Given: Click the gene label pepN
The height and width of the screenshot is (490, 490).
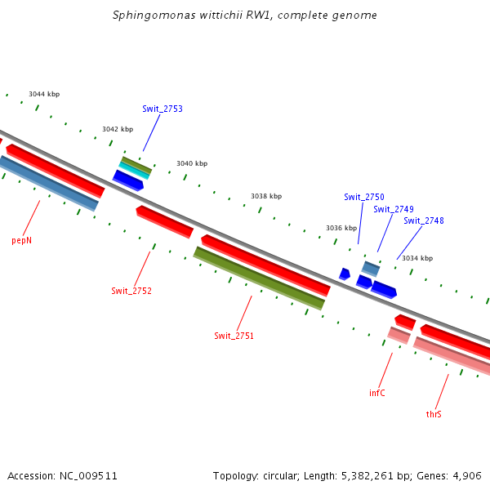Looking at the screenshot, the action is tap(22, 241).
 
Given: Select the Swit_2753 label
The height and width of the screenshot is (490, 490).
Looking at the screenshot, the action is tap(163, 109).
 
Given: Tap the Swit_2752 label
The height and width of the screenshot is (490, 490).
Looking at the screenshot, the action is tap(131, 291).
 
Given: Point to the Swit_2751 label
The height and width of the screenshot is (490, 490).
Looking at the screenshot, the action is tap(234, 336).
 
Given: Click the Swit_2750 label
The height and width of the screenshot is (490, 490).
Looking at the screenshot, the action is tap(364, 197).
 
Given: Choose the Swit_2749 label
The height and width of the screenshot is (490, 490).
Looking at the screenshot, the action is tap(394, 209).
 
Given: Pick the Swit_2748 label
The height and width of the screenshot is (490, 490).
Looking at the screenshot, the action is tap(424, 220).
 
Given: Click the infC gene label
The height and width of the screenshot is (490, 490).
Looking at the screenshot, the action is tap(377, 393).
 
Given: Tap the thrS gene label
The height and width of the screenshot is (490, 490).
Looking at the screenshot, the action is tap(434, 415).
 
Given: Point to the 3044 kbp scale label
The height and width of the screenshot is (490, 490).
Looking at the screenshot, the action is tap(44, 94).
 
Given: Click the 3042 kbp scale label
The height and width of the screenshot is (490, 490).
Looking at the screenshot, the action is tap(118, 129).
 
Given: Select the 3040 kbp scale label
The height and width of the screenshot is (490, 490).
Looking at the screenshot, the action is tap(192, 163).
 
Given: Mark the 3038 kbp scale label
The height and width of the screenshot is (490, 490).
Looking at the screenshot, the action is tap(266, 196).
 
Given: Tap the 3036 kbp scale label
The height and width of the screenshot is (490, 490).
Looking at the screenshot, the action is tap(341, 228).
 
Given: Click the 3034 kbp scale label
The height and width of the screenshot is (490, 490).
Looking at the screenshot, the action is tap(416, 258).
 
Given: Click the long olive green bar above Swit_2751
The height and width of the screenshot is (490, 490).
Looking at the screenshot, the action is tap(259, 278).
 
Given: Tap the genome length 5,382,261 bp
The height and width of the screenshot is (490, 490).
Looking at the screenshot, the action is tap(376, 475).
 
